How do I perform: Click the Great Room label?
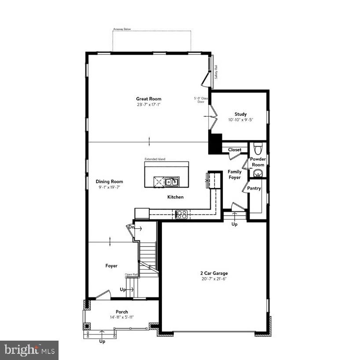coord(148,99)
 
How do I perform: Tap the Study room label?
coord(240,114)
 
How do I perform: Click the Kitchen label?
coord(175,197)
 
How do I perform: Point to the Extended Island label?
coord(155,159)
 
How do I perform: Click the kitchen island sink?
coord(171,181)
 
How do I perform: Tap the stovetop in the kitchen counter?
coord(181,214)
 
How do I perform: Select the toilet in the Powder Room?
coord(258,147)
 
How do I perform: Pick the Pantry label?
coord(254,188)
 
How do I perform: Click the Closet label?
coord(235,150)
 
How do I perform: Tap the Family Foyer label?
coord(234,174)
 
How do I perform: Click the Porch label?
coord(122,312)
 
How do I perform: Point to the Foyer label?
coord(111,266)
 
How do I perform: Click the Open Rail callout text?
coord(132,275)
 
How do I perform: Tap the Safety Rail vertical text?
coord(216,71)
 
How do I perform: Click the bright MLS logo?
coord(29,350)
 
